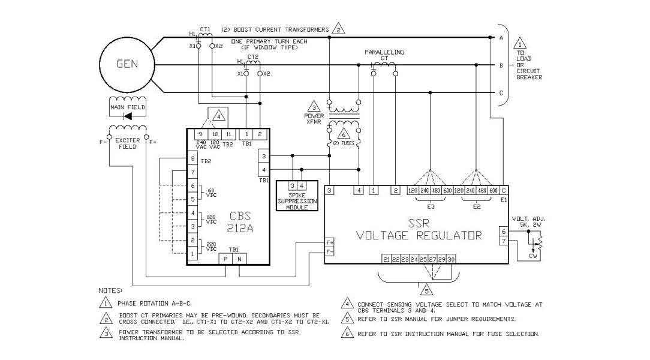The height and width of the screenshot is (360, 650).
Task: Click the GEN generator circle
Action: coord(127,64)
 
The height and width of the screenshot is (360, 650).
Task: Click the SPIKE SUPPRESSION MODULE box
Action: coord(297,196)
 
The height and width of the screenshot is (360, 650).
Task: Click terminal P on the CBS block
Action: coord(225,259)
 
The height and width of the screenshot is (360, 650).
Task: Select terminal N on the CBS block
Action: coord(239,259)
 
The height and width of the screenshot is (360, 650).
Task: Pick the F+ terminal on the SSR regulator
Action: coord(329,242)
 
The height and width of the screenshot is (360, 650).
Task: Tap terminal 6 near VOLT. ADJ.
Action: coord(504,231)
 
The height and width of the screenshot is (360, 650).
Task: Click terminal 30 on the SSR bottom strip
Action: coord(451,259)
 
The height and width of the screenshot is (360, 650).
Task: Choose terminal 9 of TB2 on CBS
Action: coord(201,134)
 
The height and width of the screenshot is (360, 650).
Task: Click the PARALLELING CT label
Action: coord(384,56)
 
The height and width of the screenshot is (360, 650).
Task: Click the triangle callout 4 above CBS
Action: coord(219,115)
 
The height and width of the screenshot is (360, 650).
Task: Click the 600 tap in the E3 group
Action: coord(447,191)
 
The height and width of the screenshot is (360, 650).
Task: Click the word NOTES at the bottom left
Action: coord(109,290)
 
